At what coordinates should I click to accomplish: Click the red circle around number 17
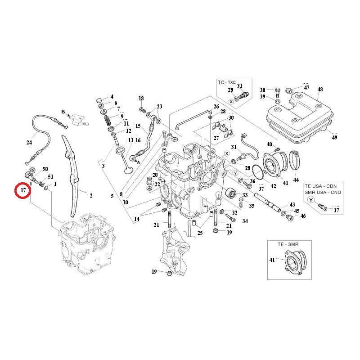pyautogui.click(x=23, y=191)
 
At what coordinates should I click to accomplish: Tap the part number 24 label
pyautogui.click(x=29, y=143)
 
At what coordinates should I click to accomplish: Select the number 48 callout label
pyautogui.click(x=320, y=90)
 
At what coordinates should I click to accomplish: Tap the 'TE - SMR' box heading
pyautogui.click(x=288, y=244)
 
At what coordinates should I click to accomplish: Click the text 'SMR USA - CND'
pyautogui.click(x=323, y=192)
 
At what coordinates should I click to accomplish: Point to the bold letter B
pyautogui.click(x=63, y=111)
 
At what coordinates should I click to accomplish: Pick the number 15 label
pyautogui.click(x=138, y=126)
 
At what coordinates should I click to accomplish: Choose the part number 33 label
pyautogui.click(x=245, y=195)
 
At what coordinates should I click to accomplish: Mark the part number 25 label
pyautogui.click(x=200, y=233)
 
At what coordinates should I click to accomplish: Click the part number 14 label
pyautogui.click(x=136, y=219)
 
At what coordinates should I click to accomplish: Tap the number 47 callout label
pyautogui.click(x=306, y=88)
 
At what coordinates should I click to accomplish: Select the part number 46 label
pyautogui.click(x=303, y=216)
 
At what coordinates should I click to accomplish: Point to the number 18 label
pyautogui.click(x=141, y=98)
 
